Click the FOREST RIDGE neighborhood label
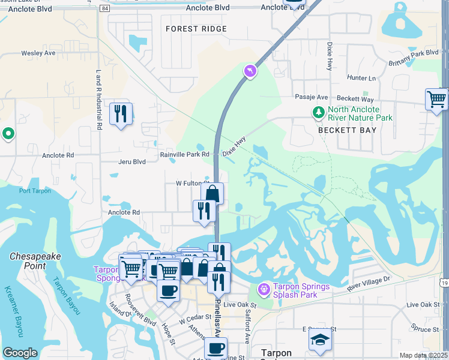[196, 29]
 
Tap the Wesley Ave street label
[39, 53]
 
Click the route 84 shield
[106, 9]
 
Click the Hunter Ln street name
[361, 78]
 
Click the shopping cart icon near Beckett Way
[436, 98]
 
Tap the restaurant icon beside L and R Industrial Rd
[121, 113]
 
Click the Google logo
[20, 353]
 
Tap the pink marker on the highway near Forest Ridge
[250, 72]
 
